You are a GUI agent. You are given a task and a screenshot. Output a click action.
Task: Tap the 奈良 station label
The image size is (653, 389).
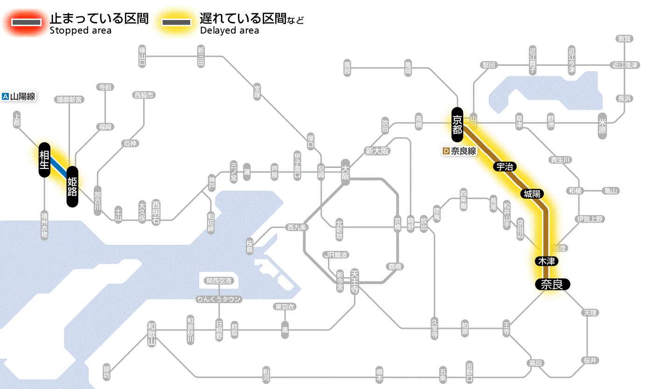point(552,284)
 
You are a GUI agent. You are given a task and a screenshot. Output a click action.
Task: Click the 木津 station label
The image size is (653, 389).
point(546,261)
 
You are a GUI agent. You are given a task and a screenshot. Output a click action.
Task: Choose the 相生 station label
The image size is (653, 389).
point(44,160)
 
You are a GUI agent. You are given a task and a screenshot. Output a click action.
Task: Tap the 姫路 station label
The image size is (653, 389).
point(72,187)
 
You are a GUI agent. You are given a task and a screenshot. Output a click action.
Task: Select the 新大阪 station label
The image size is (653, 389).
point(377,151)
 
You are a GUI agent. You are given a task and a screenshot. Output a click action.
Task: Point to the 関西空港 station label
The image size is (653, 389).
point(219,281)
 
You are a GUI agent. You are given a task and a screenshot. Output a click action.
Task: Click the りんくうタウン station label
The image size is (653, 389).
point(219,299)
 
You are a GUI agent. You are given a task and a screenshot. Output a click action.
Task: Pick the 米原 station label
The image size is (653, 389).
point(603,125)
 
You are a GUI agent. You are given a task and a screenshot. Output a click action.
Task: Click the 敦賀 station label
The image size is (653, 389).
point(625,39)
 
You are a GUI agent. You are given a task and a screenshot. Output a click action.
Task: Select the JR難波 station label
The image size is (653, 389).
point(336,255)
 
